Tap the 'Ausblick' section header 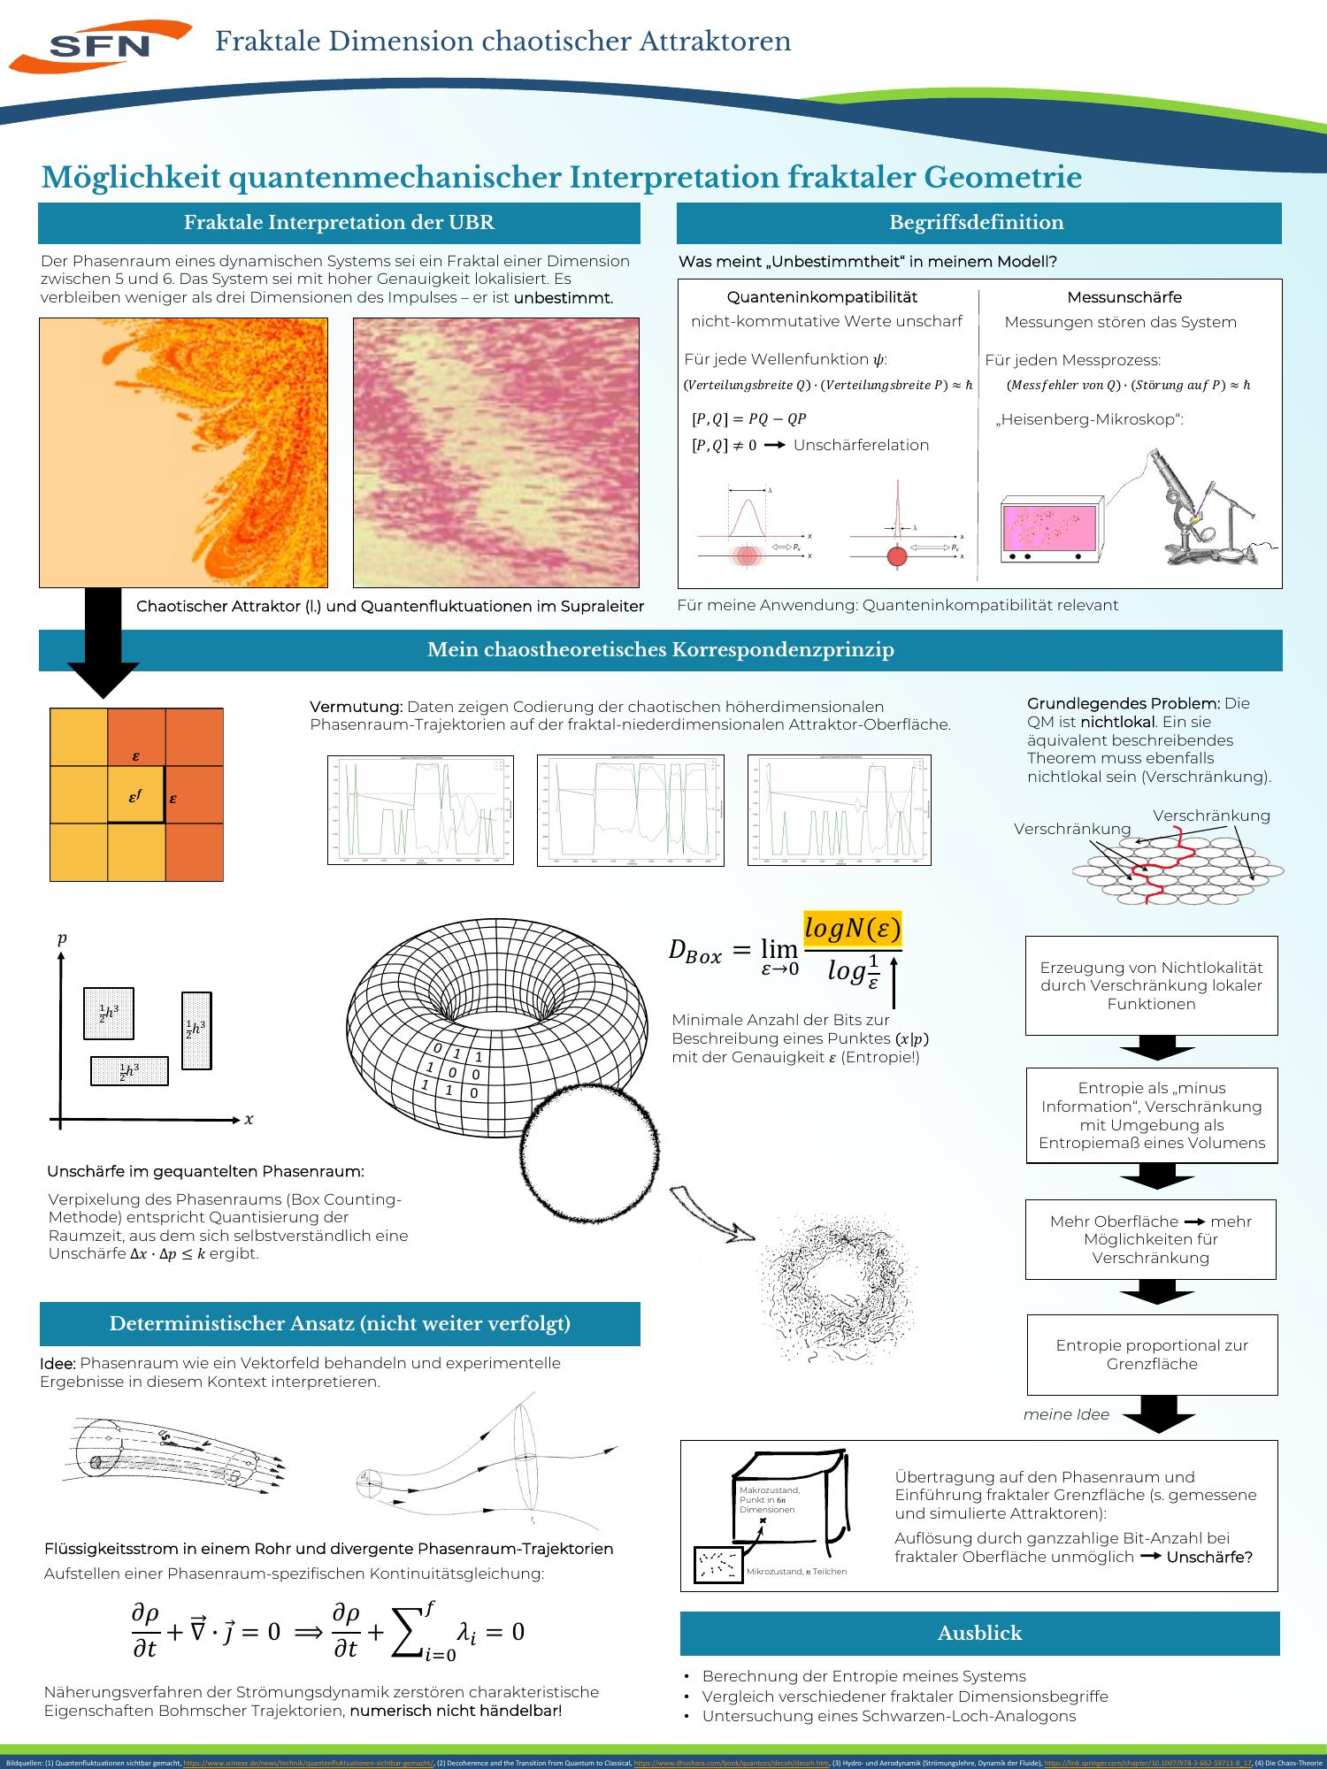click(x=979, y=1633)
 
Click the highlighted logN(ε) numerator click(x=852, y=930)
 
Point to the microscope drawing click(x=1203, y=513)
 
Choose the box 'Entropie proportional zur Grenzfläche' click(x=1151, y=1354)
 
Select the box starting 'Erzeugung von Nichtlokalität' click(x=1151, y=985)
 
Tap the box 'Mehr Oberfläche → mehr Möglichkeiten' click(x=1150, y=1239)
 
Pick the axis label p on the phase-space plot click(x=61, y=939)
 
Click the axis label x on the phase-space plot click(x=249, y=1120)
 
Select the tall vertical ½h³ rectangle click(x=196, y=1030)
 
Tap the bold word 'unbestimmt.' click(x=564, y=298)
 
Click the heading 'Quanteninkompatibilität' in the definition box click(x=822, y=297)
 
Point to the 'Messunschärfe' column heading click(x=1124, y=297)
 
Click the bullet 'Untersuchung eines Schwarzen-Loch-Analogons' click(x=888, y=1716)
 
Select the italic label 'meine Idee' click(x=1066, y=1414)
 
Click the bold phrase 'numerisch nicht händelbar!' click(x=456, y=1711)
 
